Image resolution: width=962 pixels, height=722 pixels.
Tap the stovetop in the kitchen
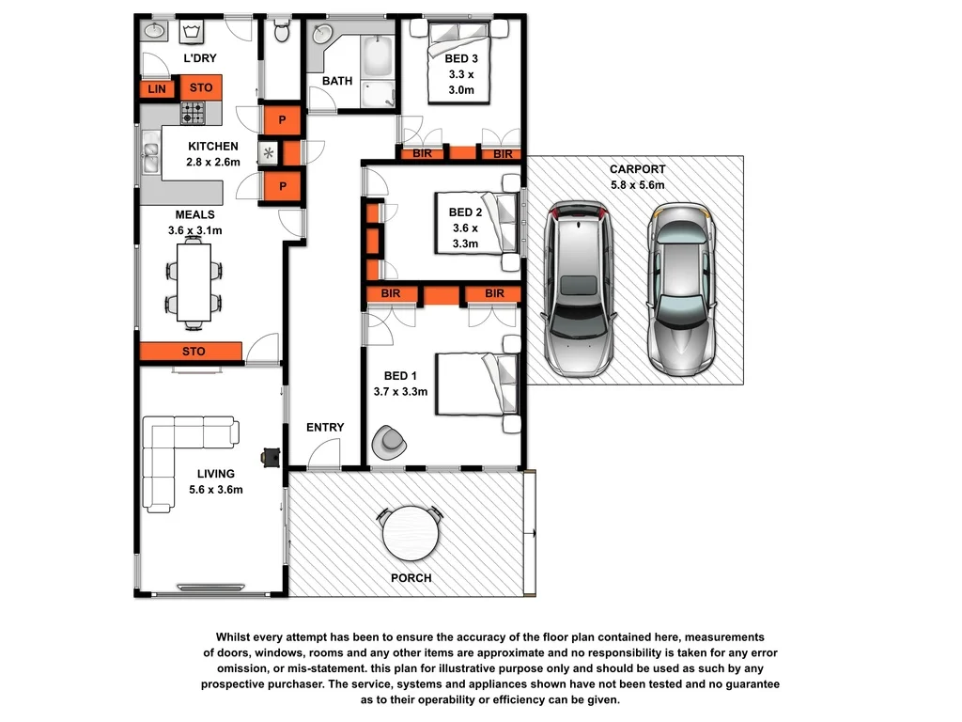click(194, 114)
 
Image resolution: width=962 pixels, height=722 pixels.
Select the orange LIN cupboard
click(155, 88)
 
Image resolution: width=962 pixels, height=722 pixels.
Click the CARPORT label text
click(636, 170)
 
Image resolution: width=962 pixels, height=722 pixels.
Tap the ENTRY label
click(325, 428)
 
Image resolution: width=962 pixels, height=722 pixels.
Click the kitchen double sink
click(150, 153)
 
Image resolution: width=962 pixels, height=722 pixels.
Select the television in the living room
click(272, 457)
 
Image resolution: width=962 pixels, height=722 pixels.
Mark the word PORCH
click(411, 578)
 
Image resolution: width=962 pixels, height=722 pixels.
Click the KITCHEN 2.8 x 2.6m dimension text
click(213, 162)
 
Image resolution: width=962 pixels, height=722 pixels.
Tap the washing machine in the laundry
click(195, 32)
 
